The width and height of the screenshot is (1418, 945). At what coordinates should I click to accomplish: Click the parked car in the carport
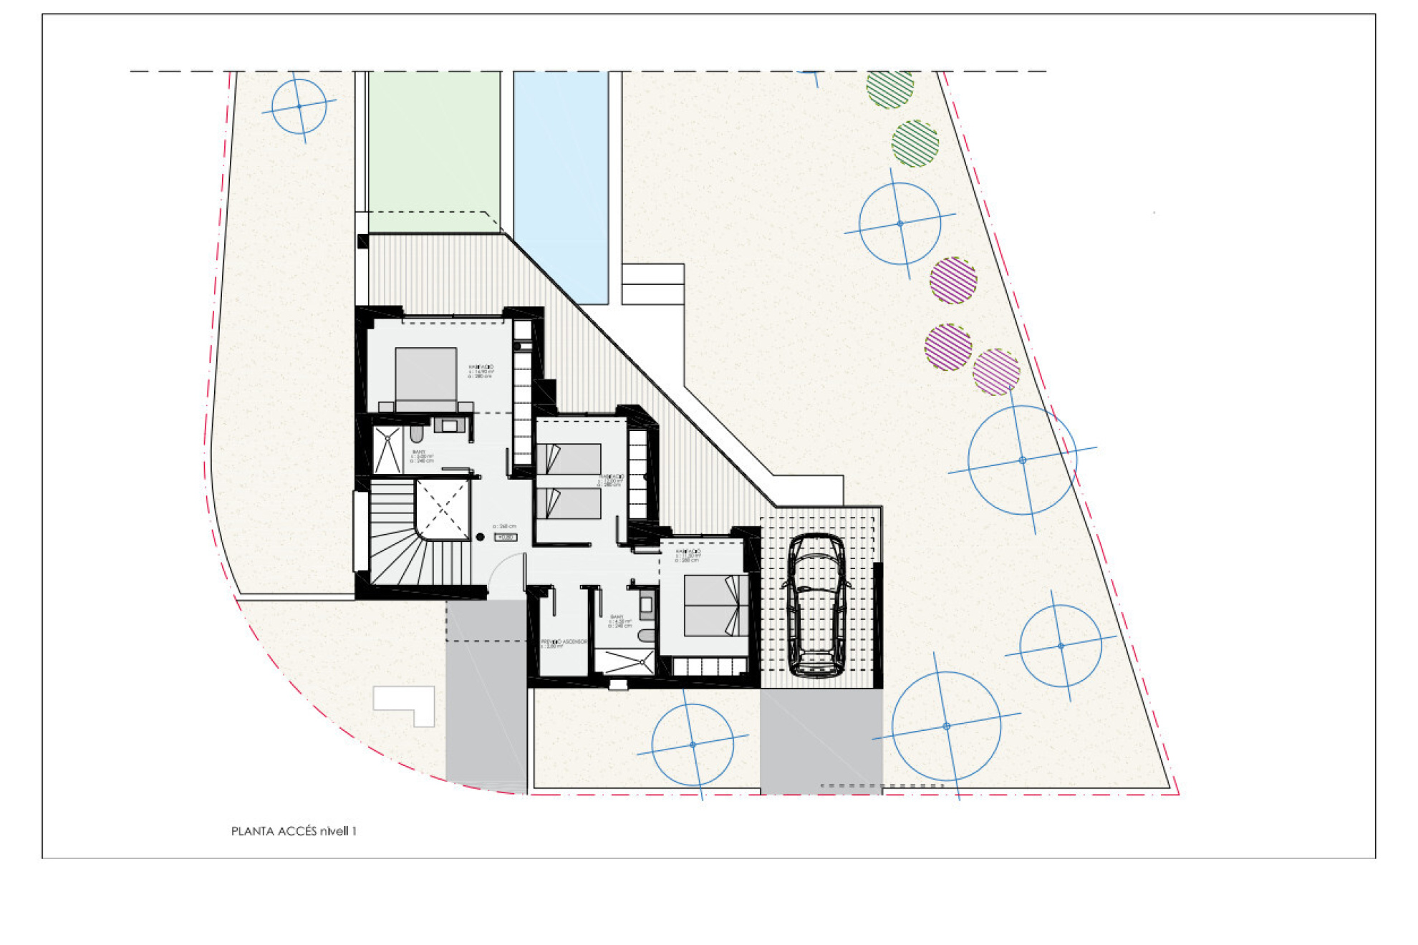[x=816, y=605]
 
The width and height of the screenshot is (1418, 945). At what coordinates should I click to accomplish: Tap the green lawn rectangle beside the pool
[x=434, y=150]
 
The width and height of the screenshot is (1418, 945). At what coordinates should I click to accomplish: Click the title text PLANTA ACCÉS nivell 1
[x=294, y=831]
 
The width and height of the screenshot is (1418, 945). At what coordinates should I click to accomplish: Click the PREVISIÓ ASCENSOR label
[x=564, y=642]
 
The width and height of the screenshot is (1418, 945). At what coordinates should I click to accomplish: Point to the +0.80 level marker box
[x=506, y=537]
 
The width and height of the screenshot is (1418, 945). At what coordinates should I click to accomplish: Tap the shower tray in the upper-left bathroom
[x=387, y=450]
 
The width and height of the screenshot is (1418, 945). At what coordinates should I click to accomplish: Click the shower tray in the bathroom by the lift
[x=624, y=661]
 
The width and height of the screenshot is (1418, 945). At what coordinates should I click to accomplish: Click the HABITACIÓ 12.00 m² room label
[x=610, y=479]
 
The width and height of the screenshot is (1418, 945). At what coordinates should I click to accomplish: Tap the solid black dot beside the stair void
[x=480, y=537]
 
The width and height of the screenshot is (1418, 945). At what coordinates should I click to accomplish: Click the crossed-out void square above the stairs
[x=442, y=509]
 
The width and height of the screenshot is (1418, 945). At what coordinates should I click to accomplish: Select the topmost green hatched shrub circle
[x=889, y=88]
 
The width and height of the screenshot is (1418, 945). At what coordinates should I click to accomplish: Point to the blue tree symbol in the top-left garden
[x=299, y=107]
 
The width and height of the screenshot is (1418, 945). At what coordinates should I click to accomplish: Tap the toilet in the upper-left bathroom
[x=417, y=434]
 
